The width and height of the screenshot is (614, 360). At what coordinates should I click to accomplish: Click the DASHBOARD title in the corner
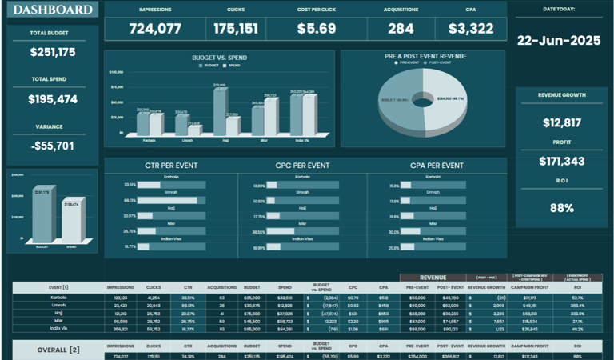(54, 10)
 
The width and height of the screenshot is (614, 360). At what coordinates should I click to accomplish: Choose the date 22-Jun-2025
(559, 40)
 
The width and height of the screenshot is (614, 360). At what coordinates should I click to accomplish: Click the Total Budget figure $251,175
(53, 52)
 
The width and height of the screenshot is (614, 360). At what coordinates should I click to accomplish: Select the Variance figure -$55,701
(53, 146)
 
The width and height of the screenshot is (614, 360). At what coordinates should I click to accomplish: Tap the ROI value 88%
(562, 208)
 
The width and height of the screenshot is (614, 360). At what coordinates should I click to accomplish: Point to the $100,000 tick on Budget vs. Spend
(116, 72)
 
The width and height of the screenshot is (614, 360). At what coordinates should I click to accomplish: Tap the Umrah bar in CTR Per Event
(170, 200)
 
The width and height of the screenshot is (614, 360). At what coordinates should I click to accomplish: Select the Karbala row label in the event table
(59, 298)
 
